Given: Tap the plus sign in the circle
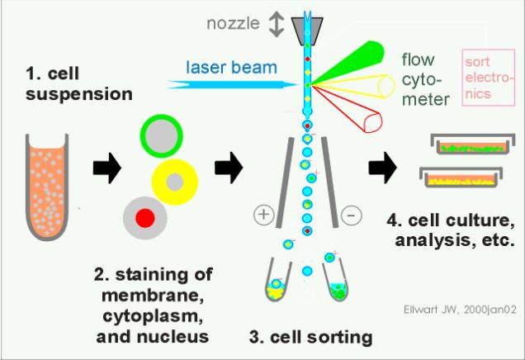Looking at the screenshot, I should [x=264, y=216].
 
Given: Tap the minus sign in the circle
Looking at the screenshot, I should [x=351, y=216].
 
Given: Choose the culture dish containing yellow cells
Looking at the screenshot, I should [x=461, y=176].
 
